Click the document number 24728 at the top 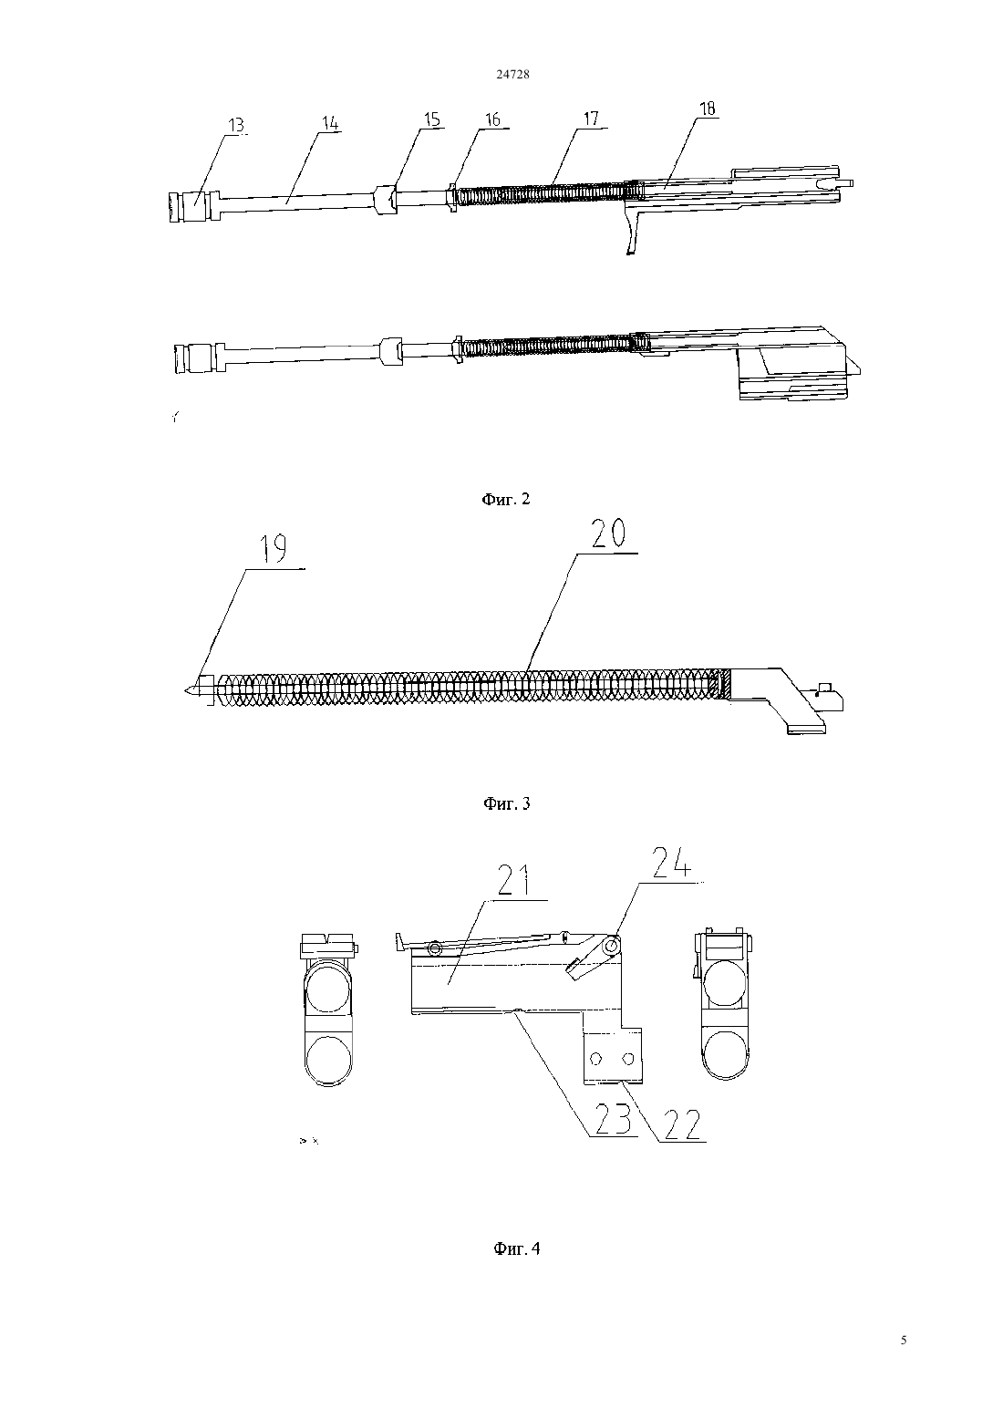point(512,75)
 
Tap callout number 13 point(237,126)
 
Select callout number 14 point(330,123)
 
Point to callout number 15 point(432,119)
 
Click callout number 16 point(492,119)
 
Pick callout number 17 point(591,119)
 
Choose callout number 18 point(707,109)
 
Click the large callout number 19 point(274,549)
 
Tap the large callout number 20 point(608,533)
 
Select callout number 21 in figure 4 point(514,880)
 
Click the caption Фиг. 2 point(506,499)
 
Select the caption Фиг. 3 point(507,804)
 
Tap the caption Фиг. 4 point(517,1248)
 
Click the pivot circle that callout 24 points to point(611,946)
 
